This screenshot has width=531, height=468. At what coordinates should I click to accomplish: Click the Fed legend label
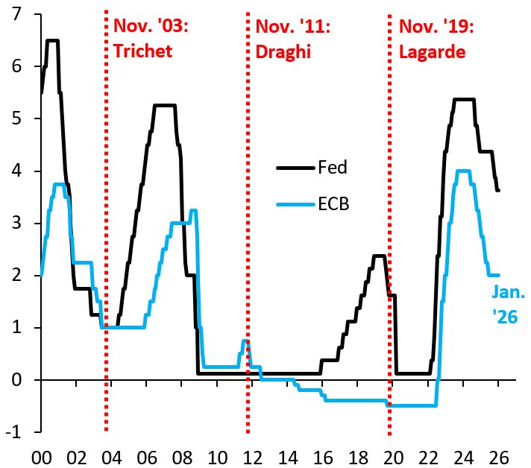[x=333, y=168]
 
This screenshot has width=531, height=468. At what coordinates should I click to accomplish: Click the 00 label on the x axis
[x=42, y=455]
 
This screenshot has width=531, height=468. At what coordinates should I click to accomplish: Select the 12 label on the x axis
[x=253, y=455]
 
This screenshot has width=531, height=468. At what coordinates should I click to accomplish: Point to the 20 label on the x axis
[x=393, y=455]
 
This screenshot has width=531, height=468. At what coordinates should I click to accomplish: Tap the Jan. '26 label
[x=505, y=306]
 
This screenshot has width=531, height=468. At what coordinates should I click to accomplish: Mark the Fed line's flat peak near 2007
[x=164, y=105]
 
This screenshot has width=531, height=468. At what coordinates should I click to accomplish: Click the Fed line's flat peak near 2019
[x=379, y=256]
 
